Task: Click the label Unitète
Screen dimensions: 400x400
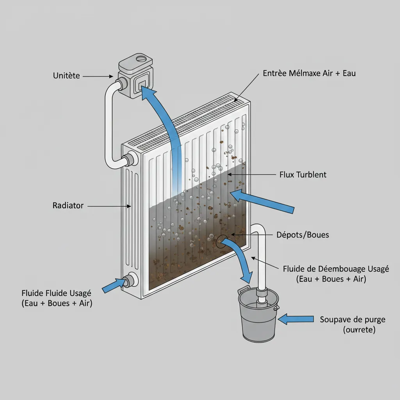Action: pos(66,76)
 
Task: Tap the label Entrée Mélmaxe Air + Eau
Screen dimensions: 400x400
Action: pos(309,73)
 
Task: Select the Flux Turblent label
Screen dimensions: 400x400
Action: pos(303,175)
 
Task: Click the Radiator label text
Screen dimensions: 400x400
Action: pos(68,205)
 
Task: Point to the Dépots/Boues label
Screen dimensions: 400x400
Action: pos(302,235)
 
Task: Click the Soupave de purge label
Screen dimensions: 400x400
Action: pos(352,319)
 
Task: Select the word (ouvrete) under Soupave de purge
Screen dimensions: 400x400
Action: pos(359,330)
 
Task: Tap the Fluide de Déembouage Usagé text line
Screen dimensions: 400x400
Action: pos(336,269)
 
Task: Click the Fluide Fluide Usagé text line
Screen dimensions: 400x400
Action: pos(57,293)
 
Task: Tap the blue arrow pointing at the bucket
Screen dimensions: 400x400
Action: pos(298,319)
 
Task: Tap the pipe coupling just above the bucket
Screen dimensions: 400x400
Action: pos(261,293)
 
